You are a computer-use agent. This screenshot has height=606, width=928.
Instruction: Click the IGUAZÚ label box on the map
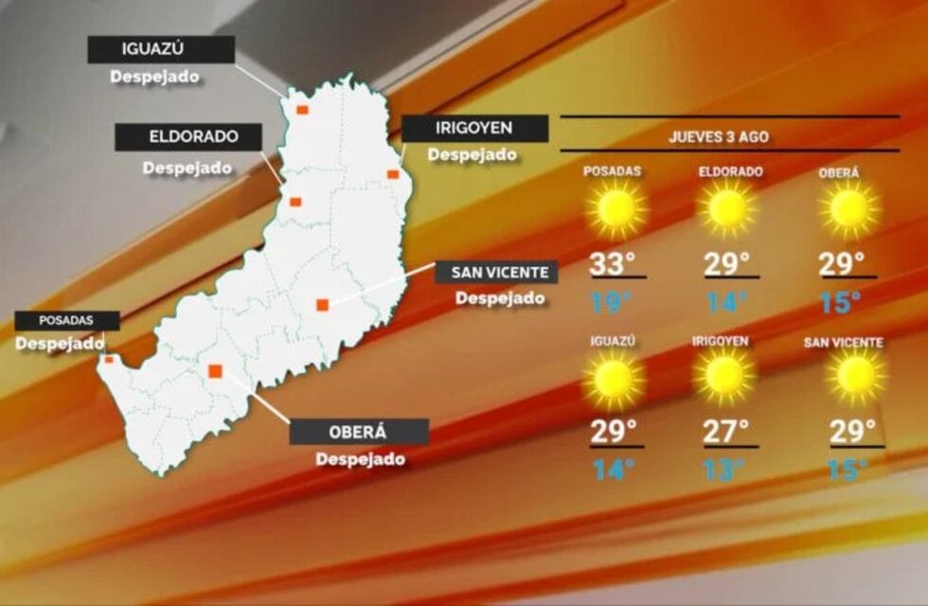[x=161, y=50]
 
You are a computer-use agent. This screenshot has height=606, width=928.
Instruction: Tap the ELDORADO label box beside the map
[x=188, y=137]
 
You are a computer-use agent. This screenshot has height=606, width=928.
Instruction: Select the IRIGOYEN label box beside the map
[x=474, y=129]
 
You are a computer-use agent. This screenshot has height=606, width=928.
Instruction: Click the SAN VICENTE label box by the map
[x=497, y=273]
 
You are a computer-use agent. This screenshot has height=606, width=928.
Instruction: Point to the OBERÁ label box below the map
[x=359, y=432]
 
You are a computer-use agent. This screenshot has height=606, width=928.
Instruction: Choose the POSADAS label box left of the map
[x=66, y=321]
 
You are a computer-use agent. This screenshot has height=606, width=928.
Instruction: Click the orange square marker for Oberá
[x=215, y=371]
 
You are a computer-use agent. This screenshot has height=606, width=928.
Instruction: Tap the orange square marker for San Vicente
[x=322, y=305]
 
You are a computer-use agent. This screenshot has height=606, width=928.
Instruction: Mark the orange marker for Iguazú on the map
[x=301, y=110]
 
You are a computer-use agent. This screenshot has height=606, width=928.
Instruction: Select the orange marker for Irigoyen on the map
[x=392, y=174]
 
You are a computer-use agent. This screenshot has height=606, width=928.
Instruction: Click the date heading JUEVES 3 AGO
[x=719, y=136]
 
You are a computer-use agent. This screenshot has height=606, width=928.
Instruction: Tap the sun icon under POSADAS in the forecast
[x=616, y=209]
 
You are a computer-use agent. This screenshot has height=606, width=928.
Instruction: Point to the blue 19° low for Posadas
[x=611, y=303]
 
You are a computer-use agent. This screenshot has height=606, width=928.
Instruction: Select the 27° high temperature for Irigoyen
[x=726, y=432]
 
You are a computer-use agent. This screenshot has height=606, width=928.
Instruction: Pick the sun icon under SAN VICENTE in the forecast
[x=856, y=376]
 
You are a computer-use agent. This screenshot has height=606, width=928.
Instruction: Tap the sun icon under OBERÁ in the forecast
[x=848, y=209]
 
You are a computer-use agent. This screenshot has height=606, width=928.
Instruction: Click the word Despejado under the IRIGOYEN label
[x=473, y=154]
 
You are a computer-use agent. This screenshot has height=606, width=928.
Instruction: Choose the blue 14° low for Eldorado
[x=726, y=303]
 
